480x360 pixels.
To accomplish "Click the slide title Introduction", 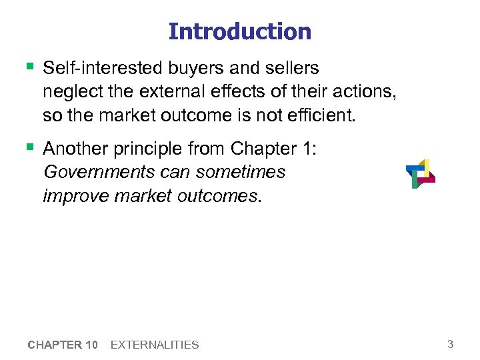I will pos(240,31).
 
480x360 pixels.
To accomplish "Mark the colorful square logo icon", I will pos(420,173).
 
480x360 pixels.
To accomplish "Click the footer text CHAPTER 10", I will pos(64,345).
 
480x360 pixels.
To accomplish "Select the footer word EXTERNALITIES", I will pos(155,345).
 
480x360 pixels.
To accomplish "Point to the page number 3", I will pos(451,344).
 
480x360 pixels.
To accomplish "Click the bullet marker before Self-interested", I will pos(29,67).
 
